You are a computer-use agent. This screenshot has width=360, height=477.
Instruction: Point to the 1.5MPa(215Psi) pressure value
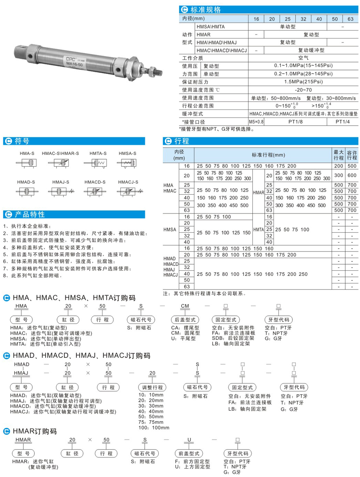click(303, 82)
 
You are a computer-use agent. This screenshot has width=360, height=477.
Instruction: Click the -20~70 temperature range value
click(303, 90)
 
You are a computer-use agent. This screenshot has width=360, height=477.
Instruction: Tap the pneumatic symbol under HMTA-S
click(94, 163)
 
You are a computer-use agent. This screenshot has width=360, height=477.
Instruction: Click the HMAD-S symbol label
click(26, 182)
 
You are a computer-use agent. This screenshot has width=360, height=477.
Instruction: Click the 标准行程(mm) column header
click(263, 155)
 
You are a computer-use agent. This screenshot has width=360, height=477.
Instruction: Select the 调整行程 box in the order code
click(152, 387)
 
